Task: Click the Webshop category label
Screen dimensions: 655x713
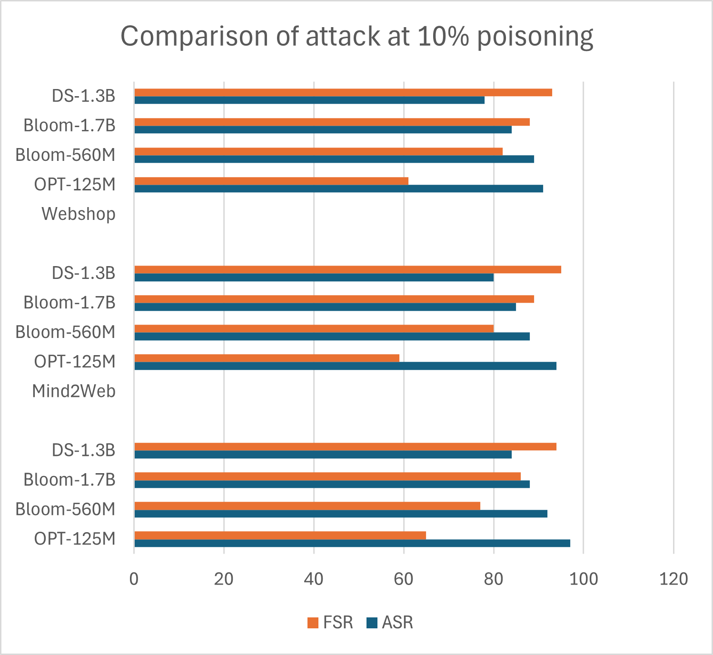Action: click(x=79, y=214)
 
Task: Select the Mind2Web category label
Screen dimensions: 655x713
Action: click(x=74, y=391)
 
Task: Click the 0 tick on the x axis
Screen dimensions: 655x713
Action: click(x=134, y=579)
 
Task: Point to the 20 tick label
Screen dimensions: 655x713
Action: click(x=224, y=579)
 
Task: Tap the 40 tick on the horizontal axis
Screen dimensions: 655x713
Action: click(x=314, y=579)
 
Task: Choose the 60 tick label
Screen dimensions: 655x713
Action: click(x=404, y=579)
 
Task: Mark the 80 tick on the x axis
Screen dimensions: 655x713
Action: click(x=494, y=579)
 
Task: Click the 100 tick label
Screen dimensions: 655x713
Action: click(x=584, y=579)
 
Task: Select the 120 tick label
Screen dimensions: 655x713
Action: click(x=673, y=579)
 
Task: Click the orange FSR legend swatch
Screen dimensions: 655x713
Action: click(x=313, y=623)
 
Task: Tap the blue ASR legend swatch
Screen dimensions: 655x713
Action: click(x=372, y=623)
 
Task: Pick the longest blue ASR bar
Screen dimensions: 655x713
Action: click(x=352, y=543)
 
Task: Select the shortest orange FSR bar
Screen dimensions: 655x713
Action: click(x=267, y=358)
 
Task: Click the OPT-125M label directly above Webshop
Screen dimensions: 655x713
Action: click(x=75, y=185)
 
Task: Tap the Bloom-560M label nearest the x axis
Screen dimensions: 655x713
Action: click(x=66, y=509)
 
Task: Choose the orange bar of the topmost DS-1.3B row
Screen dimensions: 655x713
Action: click(x=343, y=92)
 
